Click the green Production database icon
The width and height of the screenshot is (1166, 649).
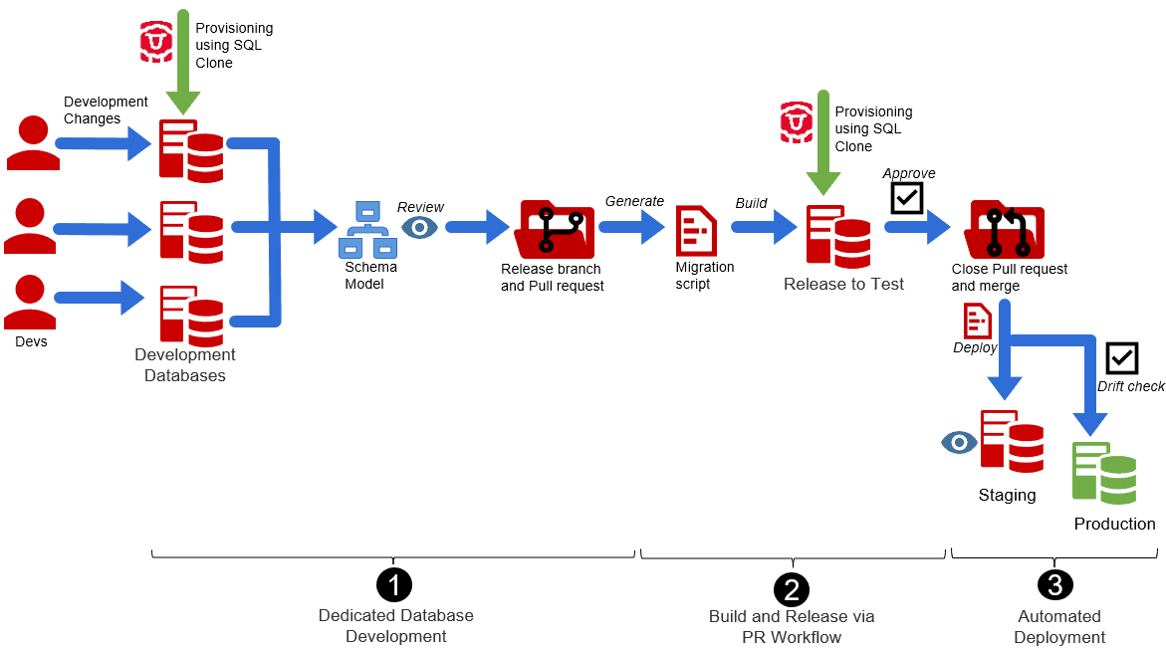click(1103, 472)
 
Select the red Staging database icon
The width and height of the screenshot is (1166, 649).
click(1012, 439)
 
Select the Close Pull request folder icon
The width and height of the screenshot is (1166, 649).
click(1004, 230)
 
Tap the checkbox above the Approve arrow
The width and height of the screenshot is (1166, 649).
click(906, 197)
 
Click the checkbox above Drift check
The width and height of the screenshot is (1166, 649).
click(1121, 358)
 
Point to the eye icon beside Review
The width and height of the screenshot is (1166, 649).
click(419, 228)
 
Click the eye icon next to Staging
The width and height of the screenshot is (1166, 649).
click(959, 442)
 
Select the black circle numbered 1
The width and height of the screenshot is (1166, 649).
click(393, 585)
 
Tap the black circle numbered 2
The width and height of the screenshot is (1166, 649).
click(792, 589)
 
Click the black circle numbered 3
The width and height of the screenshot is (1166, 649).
click(1055, 585)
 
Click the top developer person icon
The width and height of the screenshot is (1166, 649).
click(33, 142)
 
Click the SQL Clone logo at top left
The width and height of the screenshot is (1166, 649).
click(156, 41)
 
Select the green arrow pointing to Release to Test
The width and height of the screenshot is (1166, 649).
click(822, 139)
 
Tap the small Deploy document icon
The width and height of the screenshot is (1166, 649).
click(977, 322)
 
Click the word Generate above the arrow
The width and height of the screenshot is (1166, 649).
click(634, 201)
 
